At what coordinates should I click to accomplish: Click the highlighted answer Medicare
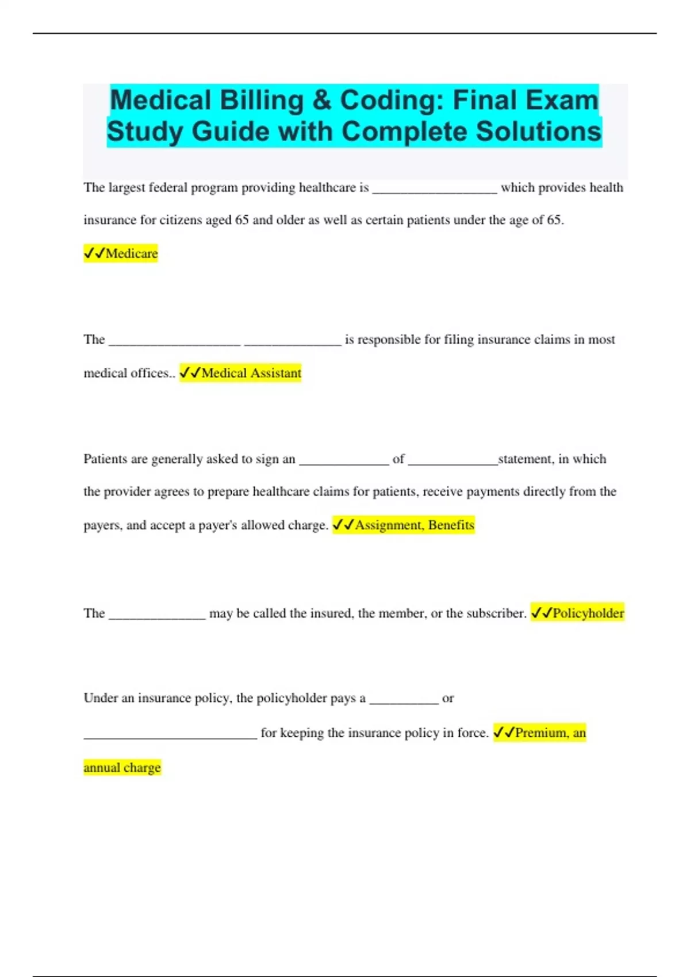pos(131,253)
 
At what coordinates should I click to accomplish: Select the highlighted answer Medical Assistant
pos(251,373)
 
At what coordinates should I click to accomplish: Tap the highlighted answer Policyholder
pos(588,613)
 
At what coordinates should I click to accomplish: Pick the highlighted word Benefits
pos(451,525)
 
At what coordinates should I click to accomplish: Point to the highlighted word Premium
pos(541,733)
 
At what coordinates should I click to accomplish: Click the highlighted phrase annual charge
pos(122,768)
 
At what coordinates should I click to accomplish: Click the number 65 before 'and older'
pos(241,220)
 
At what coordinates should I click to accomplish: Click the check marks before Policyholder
pos(541,613)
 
